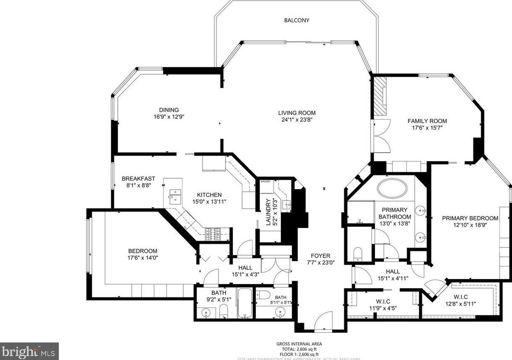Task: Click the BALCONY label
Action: (296, 20)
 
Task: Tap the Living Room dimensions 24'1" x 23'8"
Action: (296, 120)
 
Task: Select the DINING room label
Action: (169, 110)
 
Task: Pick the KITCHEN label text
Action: (209, 195)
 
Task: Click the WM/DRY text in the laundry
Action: (265, 182)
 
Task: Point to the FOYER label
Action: (320, 256)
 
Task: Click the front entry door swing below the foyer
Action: (324, 321)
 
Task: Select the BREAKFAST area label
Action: (138, 179)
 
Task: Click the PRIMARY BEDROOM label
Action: (470, 218)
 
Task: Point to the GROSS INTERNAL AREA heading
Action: (299, 344)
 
